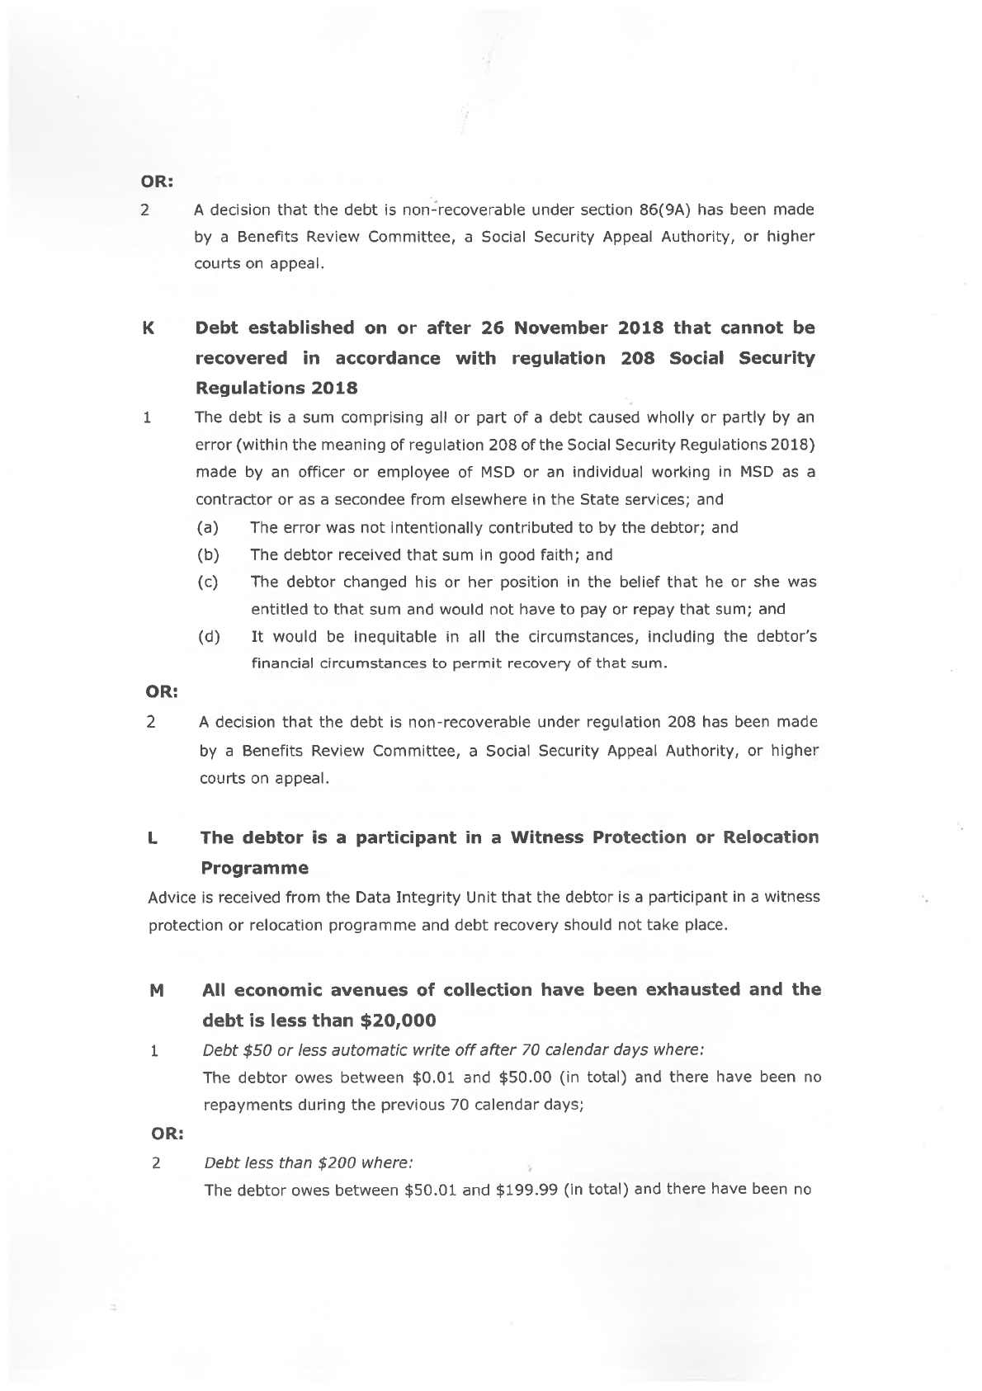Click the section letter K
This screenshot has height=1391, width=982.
149,328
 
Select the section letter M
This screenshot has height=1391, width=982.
154,990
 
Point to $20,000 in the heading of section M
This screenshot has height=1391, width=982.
399,1021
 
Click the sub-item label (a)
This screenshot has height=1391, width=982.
208,527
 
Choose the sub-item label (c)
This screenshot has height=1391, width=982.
208,582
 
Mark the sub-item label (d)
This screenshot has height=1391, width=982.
209,637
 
